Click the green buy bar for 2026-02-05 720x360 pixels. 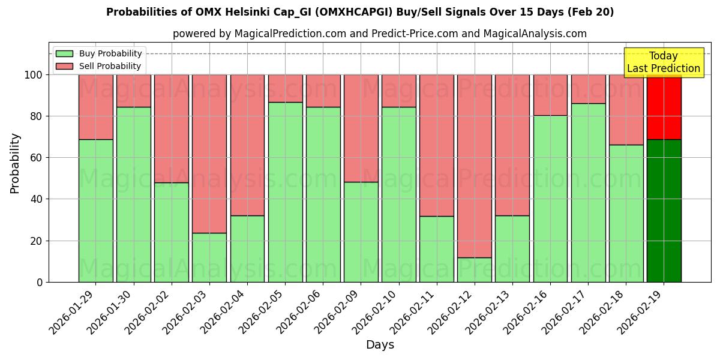[285, 192]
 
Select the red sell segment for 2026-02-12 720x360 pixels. [475, 166]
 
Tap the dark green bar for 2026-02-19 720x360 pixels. [664, 211]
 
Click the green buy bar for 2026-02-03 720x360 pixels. [209, 257]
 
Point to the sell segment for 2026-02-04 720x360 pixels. [247, 145]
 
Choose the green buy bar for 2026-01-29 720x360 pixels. [95, 211]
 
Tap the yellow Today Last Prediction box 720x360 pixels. [663, 62]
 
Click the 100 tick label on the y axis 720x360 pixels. [33, 75]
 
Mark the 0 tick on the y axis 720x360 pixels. [40, 282]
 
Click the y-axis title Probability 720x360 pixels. [15, 163]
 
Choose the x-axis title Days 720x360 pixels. [380, 345]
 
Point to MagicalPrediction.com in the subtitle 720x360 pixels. [289, 34]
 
